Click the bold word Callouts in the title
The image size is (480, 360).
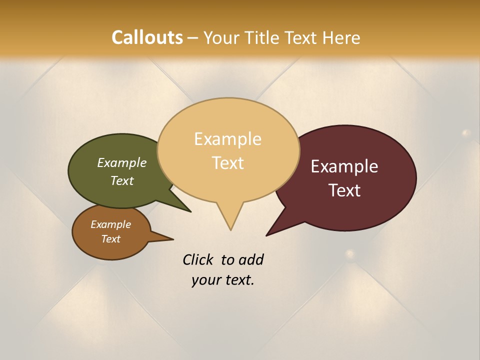pos(147,37)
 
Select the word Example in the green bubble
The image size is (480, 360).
pos(121,163)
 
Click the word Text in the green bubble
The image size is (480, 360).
pos(121,181)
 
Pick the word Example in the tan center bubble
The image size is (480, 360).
pos(227,139)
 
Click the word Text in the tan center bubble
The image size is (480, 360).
pos(227,163)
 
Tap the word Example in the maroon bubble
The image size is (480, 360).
pos(344,166)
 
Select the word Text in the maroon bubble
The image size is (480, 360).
pos(344,190)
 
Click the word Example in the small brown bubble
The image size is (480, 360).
pos(110,224)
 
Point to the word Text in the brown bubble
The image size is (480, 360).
pos(110,239)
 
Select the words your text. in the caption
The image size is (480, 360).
pos(222,280)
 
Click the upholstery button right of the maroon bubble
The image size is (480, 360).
pos(466,133)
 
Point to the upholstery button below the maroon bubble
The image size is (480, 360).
pos(350,253)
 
